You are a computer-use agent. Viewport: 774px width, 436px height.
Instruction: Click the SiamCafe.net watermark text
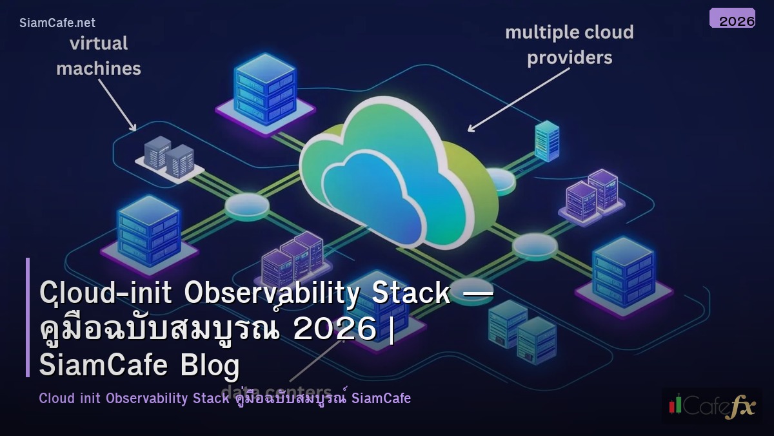[x=57, y=23]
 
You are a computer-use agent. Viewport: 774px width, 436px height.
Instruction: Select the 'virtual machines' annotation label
[x=98, y=56]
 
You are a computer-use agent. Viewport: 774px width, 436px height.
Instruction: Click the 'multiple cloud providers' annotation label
[x=569, y=45]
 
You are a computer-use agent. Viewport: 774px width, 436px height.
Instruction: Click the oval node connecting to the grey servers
[x=247, y=205]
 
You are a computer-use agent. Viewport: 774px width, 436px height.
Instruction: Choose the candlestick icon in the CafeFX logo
[x=675, y=405]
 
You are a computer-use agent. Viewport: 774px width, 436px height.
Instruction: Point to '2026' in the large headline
[x=333, y=329]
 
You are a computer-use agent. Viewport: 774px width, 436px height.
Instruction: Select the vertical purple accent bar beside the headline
[x=28, y=317]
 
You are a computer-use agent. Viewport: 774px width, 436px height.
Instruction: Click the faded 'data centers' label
[x=276, y=392]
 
